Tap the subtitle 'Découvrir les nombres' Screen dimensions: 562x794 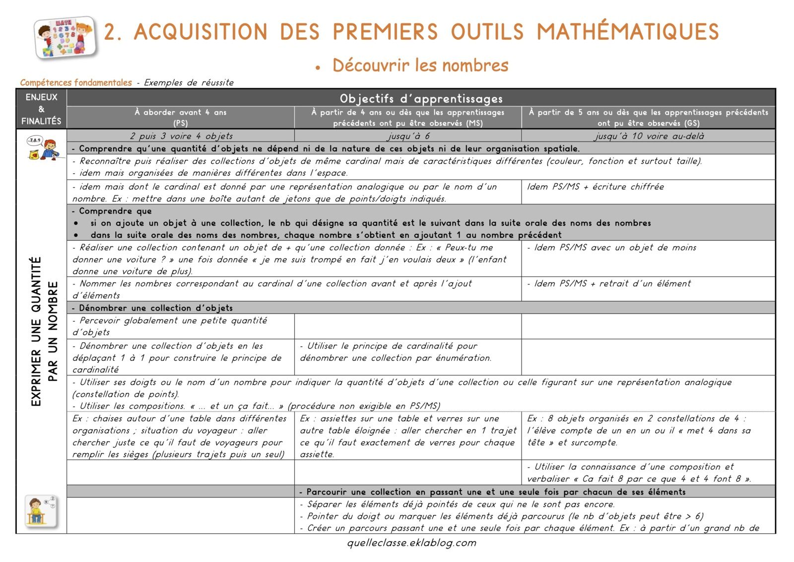pos(420,66)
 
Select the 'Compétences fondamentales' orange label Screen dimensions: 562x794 pos(76,82)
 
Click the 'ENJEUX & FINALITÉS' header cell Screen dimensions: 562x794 pos(41,109)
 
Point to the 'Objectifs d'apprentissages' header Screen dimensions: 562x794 pos(421,98)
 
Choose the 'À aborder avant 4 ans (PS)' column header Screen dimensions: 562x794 pos(180,118)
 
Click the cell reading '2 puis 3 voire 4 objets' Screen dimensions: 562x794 pos(181,136)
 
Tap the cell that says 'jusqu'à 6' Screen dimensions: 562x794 pos(408,136)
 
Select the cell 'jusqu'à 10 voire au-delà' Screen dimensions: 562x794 pos(648,136)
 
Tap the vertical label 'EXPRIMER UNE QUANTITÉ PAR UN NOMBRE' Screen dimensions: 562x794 pos(44,331)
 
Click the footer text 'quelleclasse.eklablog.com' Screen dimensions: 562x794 pos(411,543)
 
